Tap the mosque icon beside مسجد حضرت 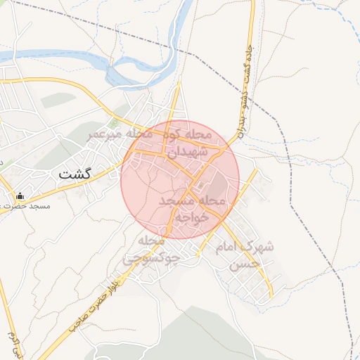point(20,196)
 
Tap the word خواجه point(193,217)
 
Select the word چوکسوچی point(152,259)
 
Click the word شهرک point(257,249)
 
